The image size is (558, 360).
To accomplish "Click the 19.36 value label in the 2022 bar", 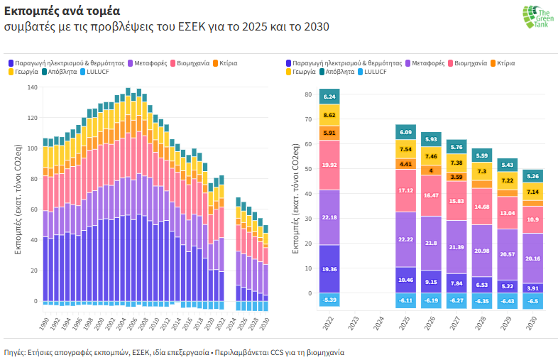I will click(329, 270).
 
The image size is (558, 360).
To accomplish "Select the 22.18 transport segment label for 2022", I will click(329, 217).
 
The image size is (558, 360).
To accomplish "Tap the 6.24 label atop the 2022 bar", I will click(329, 97).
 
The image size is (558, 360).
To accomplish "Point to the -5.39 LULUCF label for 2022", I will click(329, 300).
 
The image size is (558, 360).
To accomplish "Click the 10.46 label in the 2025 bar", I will click(406, 280).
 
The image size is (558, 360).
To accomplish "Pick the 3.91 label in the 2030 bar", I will click(532, 289).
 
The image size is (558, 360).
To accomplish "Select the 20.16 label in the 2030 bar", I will click(532, 258).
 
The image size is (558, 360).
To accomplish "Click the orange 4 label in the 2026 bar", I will click(431, 170).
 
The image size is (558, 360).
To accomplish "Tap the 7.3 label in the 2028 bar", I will click(482, 172).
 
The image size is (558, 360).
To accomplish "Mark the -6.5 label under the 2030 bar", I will click(532, 301).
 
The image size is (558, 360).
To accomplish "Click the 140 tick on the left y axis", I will click(32, 87).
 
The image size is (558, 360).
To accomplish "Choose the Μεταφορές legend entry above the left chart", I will click(150, 64).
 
